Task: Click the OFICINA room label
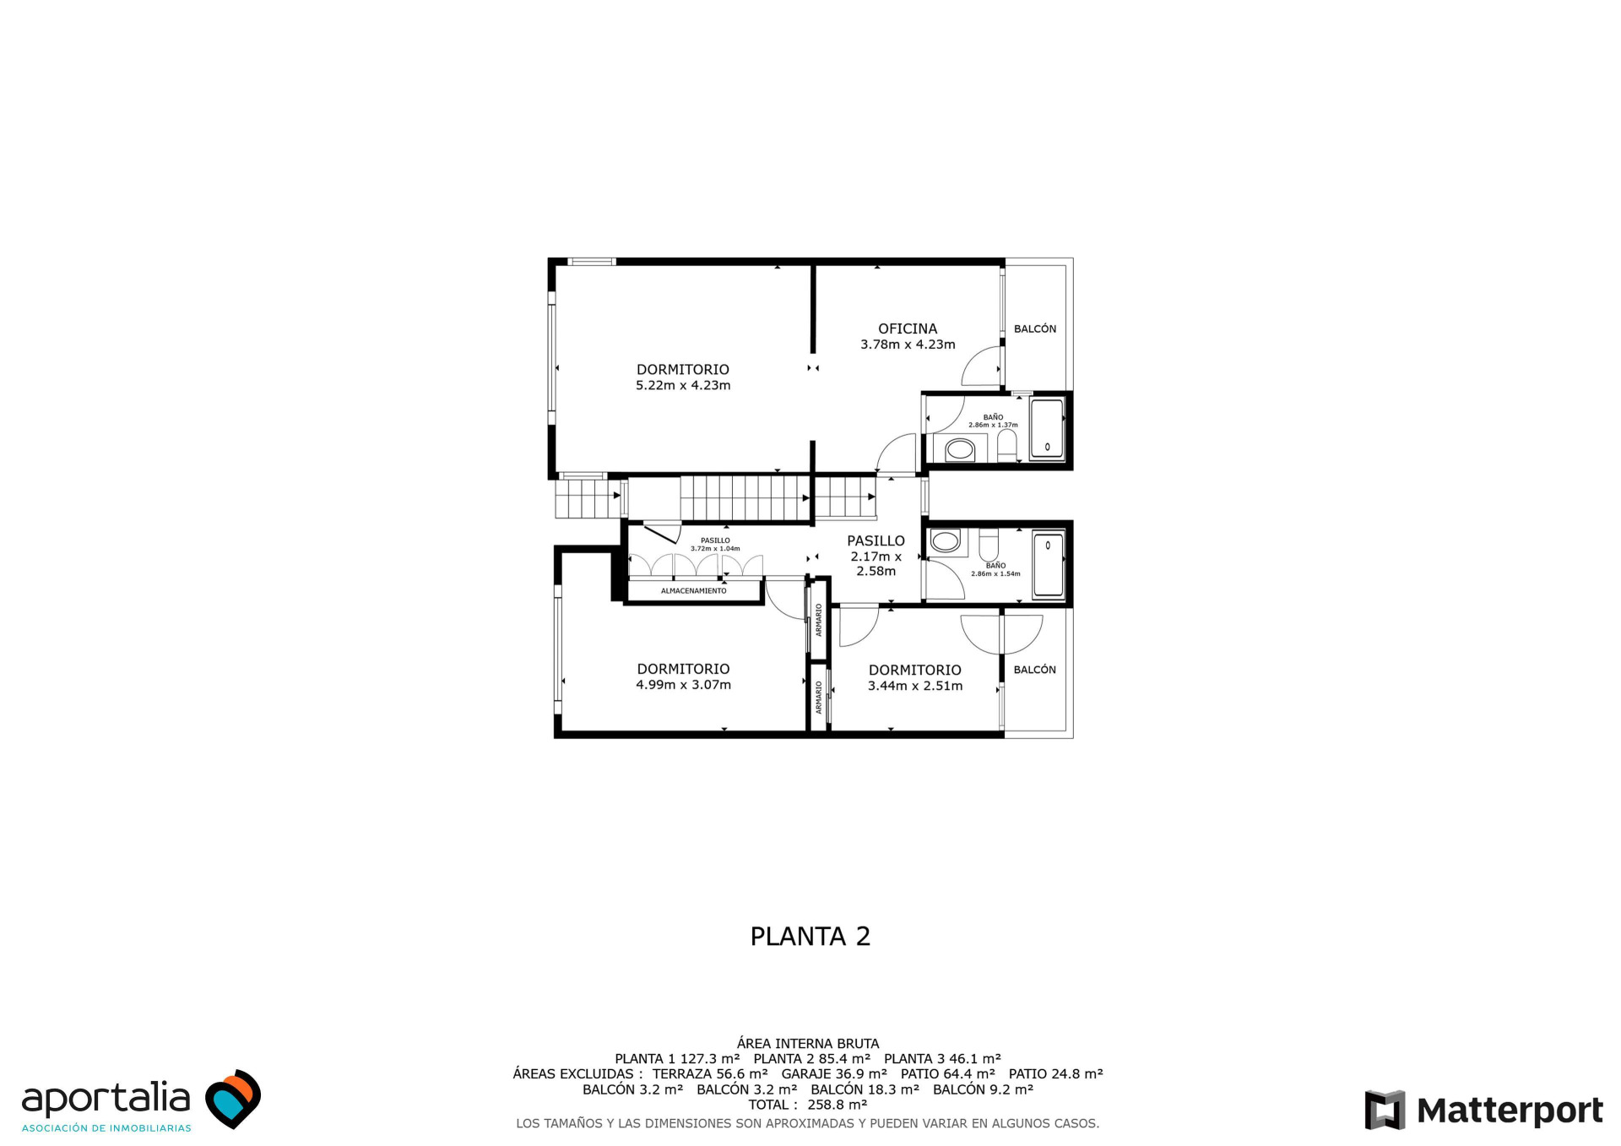point(908,329)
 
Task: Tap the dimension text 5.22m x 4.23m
point(683,385)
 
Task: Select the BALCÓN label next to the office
point(1035,329)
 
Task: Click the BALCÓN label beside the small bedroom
point(1035,670)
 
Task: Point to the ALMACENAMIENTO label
point(694,591)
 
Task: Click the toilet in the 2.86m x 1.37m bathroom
point(1007,445)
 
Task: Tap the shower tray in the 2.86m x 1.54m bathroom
point(1049,565)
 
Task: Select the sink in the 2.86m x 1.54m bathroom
point(946,541)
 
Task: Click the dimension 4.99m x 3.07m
point(684,685)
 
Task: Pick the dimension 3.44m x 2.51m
point(915,686)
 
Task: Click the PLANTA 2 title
point(810,936)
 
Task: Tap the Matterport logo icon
point(1385,1110)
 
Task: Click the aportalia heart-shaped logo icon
point(234,1099)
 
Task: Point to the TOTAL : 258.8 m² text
point(808,1105)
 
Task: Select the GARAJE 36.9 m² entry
point(834,1074)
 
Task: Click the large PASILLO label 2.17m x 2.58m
point(876,556)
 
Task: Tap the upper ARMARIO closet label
point(819,619)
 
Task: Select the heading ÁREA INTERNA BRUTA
point(808,1044)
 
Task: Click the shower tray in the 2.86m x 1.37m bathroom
point(1047,429)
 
